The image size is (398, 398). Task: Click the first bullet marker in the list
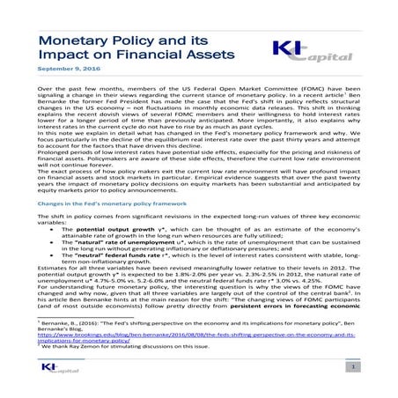55,228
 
